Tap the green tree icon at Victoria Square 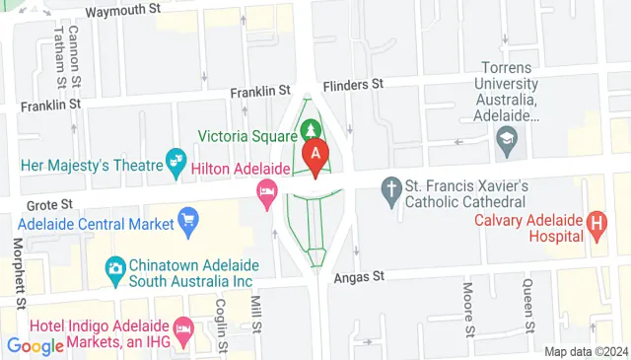click(x=313, y=130)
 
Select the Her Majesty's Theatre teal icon click(x=176, y=160)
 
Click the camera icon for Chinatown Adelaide click(x=115, y=267)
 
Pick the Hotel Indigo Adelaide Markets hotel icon click(x=182, y=327)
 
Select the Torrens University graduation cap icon click(x=508, y=137)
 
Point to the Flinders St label click(x=353, y=85)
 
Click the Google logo click(x=35, y=345)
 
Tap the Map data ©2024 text click(x=586, y=351)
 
